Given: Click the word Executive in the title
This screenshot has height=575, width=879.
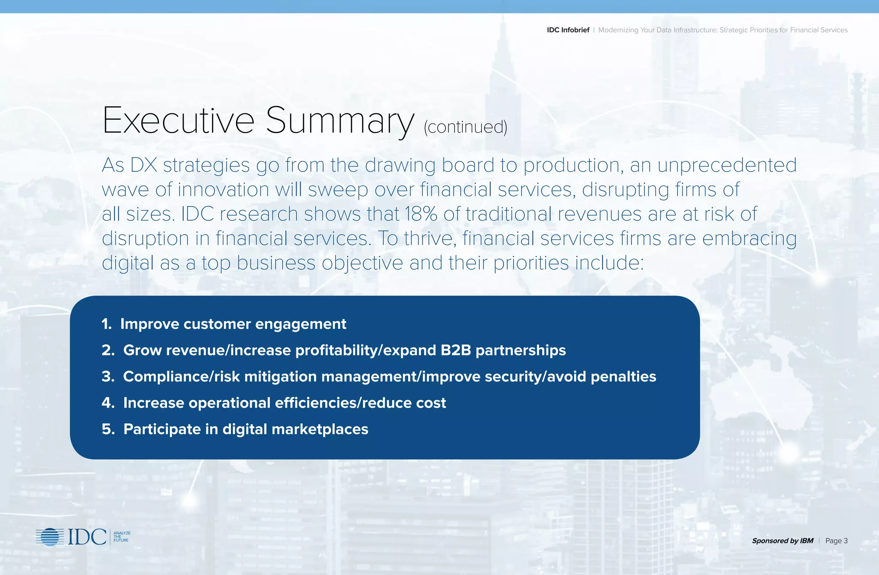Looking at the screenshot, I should [x=178, y=121].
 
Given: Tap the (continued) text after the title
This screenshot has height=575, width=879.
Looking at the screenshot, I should [x=465, y=127].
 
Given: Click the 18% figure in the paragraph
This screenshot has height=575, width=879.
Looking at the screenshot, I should [x=421, y=214].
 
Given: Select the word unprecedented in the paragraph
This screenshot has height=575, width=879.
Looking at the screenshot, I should [x=727, y=165].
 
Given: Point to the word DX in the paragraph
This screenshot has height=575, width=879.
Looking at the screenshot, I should [x=143, y=165].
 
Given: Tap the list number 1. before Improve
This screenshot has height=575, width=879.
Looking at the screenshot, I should [x=106, y=324].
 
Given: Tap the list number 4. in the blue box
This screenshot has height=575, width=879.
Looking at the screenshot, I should [x=108, y=403].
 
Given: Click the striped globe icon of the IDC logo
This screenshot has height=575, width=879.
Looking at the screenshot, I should [x=50, y=537].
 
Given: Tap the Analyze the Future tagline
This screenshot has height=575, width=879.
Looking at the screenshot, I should [x=121, y=537].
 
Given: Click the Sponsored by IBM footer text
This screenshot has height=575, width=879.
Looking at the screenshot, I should [x=782, y=541].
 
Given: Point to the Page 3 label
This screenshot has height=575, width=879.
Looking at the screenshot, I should [x=836, y=541].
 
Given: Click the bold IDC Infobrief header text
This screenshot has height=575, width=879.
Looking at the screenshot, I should [x=568, y=30].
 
